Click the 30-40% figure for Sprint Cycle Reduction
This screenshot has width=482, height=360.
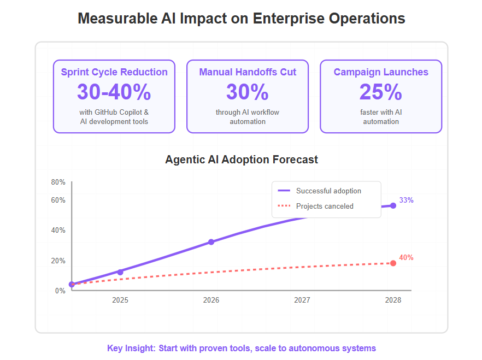114,92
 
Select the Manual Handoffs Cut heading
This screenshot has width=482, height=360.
248,72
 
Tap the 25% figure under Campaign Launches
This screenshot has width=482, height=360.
380,92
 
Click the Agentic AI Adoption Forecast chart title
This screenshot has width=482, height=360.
242,160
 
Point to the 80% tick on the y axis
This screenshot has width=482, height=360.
58,182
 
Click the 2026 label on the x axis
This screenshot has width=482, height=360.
211,300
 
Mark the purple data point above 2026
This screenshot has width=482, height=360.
211,242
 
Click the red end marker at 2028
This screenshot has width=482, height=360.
393,263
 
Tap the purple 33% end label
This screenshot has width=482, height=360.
406,200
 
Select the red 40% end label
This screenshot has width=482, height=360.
406,258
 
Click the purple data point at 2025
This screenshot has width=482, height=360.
120,272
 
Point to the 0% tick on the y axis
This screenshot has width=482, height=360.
60,291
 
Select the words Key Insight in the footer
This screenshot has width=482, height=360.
131,348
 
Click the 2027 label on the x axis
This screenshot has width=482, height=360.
302,300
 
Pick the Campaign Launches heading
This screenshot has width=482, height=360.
380,72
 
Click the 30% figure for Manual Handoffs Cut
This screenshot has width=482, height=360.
247,92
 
